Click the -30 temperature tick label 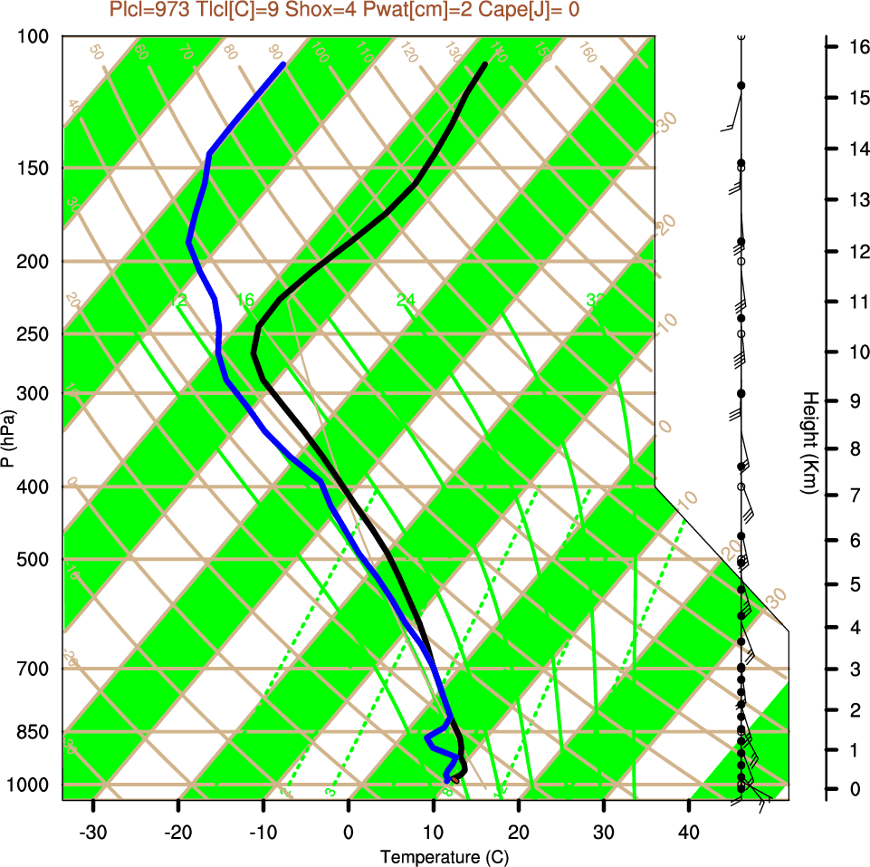(x=93, y=831)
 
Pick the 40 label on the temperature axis (x=688, y=831)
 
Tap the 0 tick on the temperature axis (x=349, y=831)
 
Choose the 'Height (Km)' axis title (x=810, y=443)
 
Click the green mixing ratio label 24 (x=405, y=300)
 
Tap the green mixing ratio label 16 (x=245, y=300)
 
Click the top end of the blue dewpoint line (x=283, y=64)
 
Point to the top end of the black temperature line (x=485, y=64)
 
